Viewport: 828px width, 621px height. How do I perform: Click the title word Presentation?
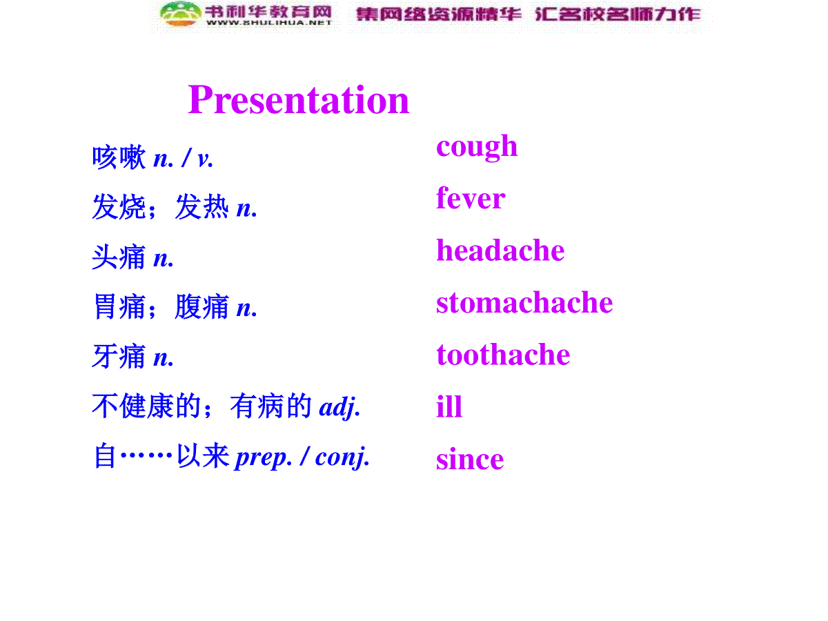[298, 100]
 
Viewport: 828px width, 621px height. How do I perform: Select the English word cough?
[476, 148]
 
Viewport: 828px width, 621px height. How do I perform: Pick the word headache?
[500, 250]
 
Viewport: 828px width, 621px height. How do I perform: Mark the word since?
[470, 460]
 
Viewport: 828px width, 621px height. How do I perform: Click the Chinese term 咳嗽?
[119, 157]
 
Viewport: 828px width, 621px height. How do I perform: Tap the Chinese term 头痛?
[119, 257]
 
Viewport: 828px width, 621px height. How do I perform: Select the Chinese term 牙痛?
[119, 356]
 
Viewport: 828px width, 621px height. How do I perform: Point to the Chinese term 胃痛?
[119, 306]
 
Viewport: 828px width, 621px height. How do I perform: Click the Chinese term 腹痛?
[201, 306]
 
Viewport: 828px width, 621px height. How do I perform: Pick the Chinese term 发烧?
[119, 206]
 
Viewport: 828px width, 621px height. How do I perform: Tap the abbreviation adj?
[339, 407]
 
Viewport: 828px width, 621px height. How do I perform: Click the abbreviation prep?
[264, 457]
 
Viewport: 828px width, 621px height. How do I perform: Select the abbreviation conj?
[342, 457]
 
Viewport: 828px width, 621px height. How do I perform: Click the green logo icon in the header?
[181, 14]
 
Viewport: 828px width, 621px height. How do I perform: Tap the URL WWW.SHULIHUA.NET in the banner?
[268, 23]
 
